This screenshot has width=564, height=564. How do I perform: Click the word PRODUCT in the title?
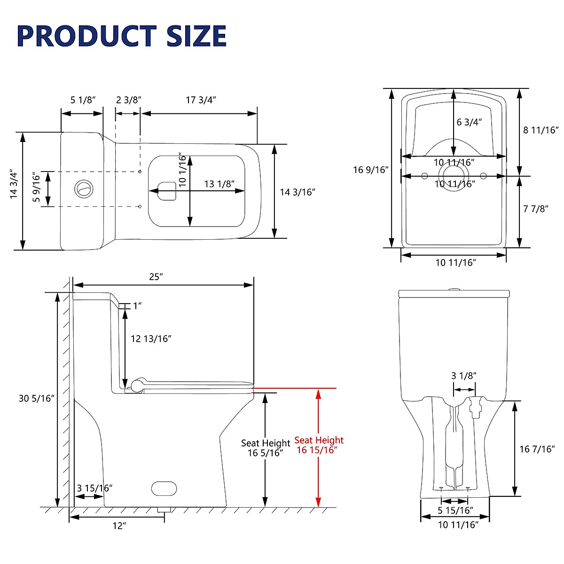[x=86, y=36]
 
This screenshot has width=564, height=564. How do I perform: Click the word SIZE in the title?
[x=196, y=36]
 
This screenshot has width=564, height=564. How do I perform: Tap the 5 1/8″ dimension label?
[x=83, y=100]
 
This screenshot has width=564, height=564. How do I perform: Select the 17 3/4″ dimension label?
[x=201, y=100]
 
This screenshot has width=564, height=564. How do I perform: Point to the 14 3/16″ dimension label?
[x=297, y=192]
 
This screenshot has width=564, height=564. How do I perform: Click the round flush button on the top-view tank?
[x=84, y=189]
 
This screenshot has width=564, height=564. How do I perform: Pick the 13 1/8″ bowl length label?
[x=219, y=184]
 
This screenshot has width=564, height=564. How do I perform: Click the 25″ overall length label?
[x=156, y=277]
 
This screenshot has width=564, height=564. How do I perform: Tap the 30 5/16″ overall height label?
[x=37, y=399]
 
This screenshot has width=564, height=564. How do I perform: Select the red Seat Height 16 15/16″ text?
[x=319, y=445]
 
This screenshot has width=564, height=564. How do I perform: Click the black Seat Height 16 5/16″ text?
[x=266, y=448]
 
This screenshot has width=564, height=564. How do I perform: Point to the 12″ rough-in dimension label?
[x=119, y=526]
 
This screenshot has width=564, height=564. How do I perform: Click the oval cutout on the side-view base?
[x=164, y=488]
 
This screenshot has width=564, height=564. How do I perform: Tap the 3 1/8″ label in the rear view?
[x=464, y=376]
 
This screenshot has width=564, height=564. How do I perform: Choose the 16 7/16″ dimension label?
[x=537, y=449]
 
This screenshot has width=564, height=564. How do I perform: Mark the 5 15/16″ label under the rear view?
[x=455, y=510]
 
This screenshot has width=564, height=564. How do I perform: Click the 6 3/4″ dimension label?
[x=470, y=122]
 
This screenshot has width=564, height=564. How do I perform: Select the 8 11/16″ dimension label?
[x=540, y=130]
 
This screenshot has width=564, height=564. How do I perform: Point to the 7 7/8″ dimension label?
[x=536, y=209]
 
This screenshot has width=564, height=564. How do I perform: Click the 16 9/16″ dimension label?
[x=370, y=170]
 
